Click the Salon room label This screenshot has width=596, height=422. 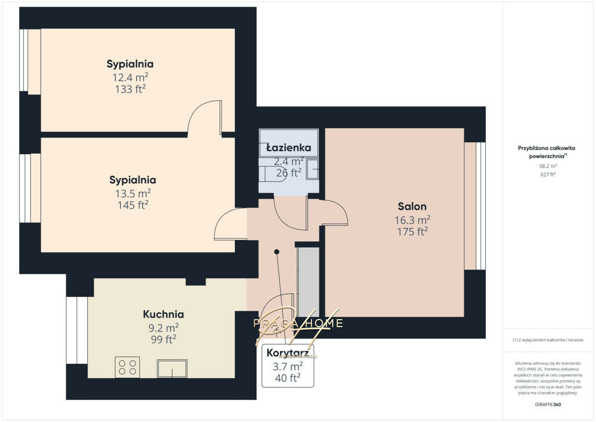point(412,206)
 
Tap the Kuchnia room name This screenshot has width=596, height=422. point(163,314)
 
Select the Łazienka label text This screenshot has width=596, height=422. point(289,148)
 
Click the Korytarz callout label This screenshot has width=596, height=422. point(288,353)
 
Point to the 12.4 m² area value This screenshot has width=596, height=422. point(130,78)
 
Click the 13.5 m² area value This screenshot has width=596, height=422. point(133,193)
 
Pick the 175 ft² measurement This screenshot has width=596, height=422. point(412,232)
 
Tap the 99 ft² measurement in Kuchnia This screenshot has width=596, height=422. point(163,339)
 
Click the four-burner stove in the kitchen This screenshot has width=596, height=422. point(127,367)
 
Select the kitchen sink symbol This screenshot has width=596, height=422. point(172,368)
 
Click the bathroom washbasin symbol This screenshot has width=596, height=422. point(312,169)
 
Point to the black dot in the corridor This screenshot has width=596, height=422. point(277,252)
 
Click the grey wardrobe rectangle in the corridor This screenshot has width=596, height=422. point(308,282)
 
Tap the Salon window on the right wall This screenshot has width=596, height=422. point(481,206)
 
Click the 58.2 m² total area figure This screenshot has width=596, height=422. point(548,166)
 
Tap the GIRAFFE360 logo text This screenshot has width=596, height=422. point(548,405)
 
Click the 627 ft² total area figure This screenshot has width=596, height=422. point(548,174)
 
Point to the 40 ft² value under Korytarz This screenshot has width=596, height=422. point(288,378)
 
